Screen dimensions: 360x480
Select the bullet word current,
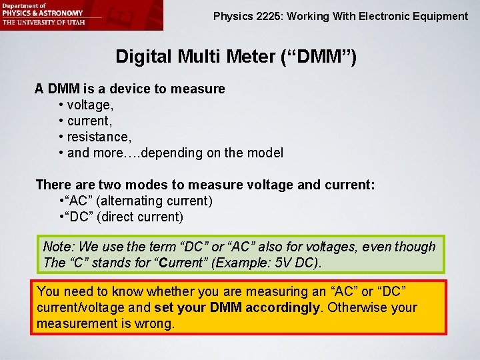91,121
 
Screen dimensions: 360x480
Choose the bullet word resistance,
99,137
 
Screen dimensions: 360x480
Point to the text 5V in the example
273,263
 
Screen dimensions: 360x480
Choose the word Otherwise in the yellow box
358,307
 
